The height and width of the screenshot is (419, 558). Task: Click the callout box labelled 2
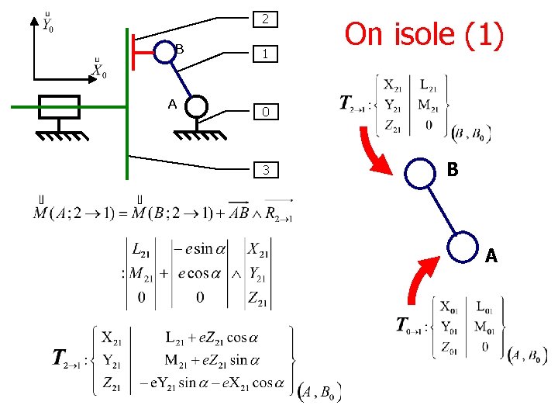click(x=265, y=19)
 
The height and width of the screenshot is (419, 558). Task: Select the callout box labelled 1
click(x=265, y=54)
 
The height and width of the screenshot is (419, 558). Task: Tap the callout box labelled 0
click(x=265, y=112)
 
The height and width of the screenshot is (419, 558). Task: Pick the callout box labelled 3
click(x=265, y=169)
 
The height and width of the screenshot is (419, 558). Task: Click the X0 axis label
click(x=98, y=70)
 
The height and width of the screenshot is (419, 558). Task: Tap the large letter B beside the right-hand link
click(x=453, y=170)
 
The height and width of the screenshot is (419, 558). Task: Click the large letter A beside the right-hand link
click(x=491, y=255)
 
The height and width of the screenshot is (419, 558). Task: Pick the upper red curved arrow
click(x=381, y=152)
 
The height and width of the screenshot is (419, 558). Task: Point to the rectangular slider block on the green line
click(x=59, y=106)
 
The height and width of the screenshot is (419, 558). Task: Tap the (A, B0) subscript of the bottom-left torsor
click(x=319, y=392)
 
